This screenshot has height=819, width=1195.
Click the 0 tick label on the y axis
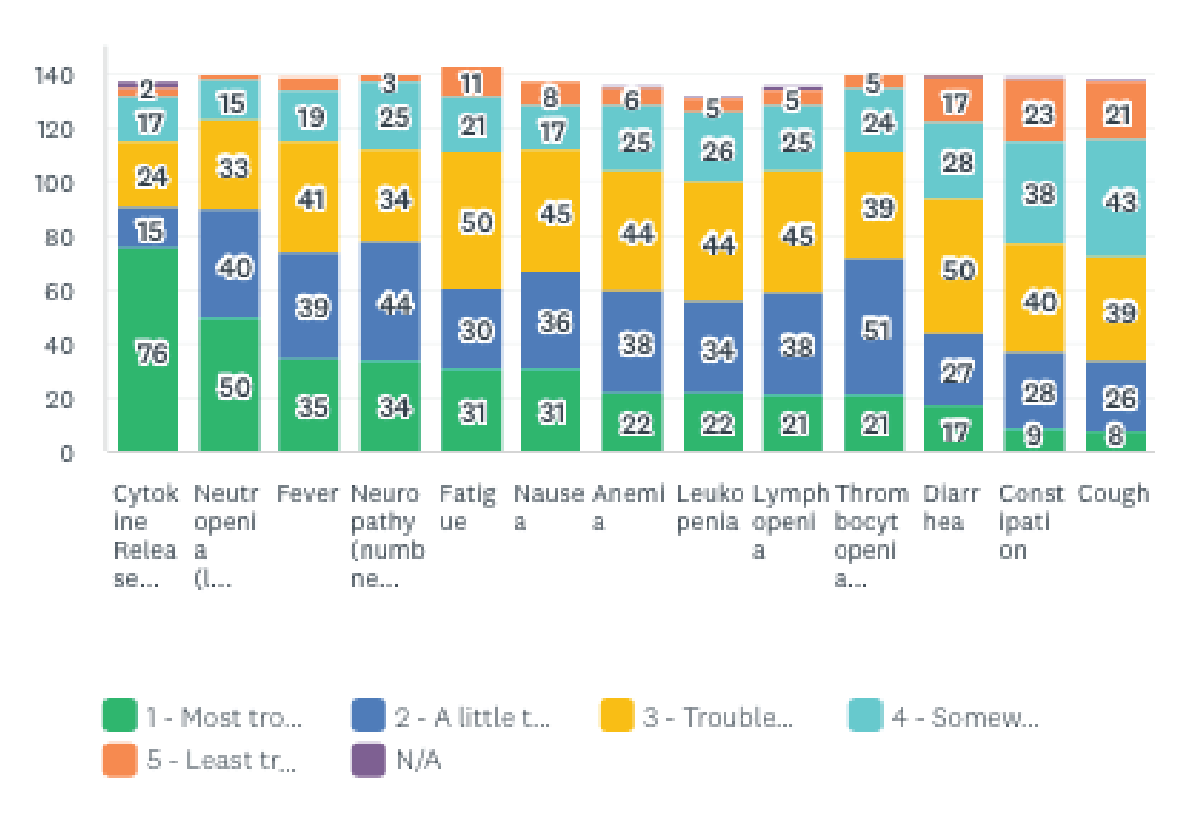67,454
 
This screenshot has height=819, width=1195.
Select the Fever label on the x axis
308,494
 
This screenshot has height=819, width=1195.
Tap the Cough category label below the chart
1114,494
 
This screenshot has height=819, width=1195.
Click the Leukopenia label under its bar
710,508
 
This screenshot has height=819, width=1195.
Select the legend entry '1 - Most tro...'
203,716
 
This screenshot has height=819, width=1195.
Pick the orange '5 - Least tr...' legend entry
201,759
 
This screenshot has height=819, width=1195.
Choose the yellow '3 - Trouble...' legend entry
697,716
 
